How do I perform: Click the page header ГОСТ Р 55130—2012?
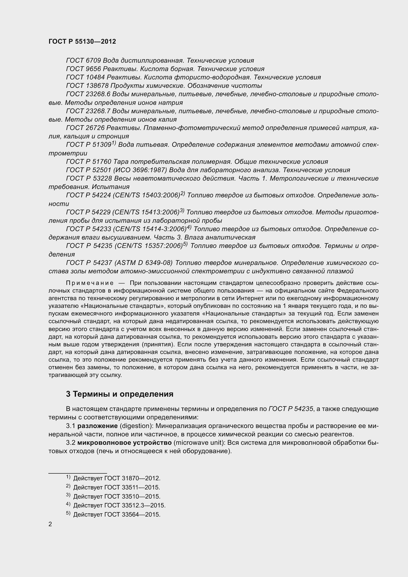pyautogui.click(x=82, y=41)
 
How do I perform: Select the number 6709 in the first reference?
pyautogui.click(x=93, y=61)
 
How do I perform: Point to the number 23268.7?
pyautogui.click(x=98, y=111)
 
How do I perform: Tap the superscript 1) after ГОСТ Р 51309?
pyautogui.click(x=113, y=143)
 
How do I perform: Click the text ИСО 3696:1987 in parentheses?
pyautogui.click(x=140, y=170)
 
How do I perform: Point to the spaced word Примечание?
pyautogui.click(x=90, y=283)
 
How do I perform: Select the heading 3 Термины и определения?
pyautogui.click(x=120, y=394)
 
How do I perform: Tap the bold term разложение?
pyautogui.click(x=97, y=426)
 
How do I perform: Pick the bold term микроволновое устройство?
pyautogui.click(x=125, y=443)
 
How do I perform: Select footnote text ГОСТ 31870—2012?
pyautogui.click(x=132, y=478)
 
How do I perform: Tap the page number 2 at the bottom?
pyautogui.click(x=50, y=524)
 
